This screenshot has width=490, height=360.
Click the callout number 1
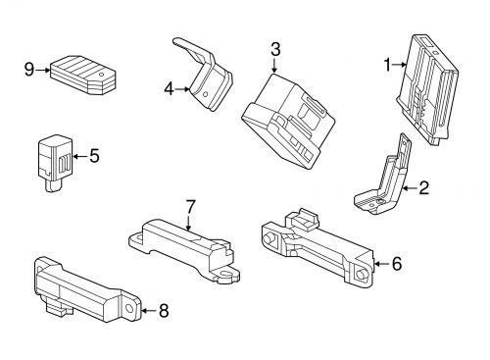point(387,65)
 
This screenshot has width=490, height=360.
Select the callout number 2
point(423,188)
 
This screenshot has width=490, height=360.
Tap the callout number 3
point(275,49)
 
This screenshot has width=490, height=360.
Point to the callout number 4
point(169,89)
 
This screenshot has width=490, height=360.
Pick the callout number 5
point(94,156)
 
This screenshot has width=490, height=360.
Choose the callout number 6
point(397,264)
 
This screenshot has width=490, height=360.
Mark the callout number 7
point(190,206)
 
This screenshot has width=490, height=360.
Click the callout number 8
point(164,311)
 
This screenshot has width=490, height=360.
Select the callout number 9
point(29,70)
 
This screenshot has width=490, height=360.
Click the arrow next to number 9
point(43,70)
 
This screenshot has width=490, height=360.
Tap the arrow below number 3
point(274,65)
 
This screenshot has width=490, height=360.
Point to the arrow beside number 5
point(80,156)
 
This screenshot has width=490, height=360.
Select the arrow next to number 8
point(149,311)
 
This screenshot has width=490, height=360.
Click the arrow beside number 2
point(410,188)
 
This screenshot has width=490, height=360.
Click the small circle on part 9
point(102,75)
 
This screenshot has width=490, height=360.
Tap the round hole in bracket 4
point(206,95)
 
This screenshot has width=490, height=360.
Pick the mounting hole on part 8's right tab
point(129,308)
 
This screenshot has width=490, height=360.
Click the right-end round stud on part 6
point(361,275)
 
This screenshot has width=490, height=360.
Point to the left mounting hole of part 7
point(136,237)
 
